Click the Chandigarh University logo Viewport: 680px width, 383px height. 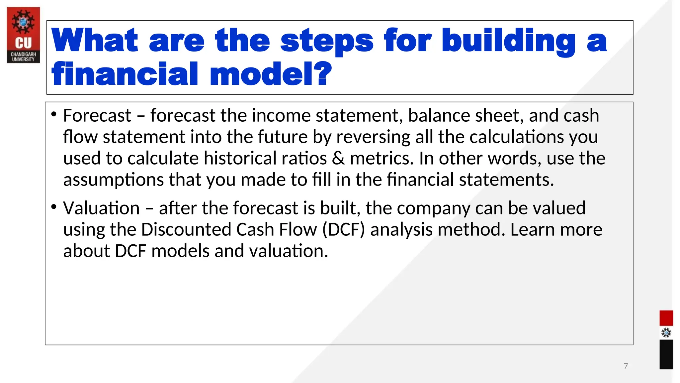[23, 35]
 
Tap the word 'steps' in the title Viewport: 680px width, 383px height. [327, 41]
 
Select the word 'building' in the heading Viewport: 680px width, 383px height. [508, 41]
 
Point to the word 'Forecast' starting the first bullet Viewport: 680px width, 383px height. [97, 116]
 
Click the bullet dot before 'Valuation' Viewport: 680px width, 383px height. [54, 207]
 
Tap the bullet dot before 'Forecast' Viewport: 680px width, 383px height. [54, 114]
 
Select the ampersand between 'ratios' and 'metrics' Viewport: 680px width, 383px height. [338, 158]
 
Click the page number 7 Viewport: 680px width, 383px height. [626, 366]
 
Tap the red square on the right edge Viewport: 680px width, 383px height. [666, 318]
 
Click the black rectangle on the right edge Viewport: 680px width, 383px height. [666, 354]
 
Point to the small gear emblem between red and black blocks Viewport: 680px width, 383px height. [666, 333]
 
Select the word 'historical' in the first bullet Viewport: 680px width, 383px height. [240, 158]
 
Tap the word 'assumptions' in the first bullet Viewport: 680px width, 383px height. [113, 180]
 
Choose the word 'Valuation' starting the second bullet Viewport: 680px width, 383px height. [101, 208]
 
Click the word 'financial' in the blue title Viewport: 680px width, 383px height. [125, 74]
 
